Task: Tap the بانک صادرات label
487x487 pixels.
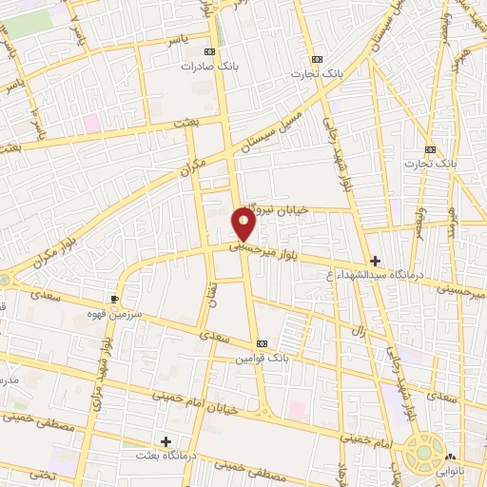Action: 211,68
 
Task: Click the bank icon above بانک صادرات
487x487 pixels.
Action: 210,52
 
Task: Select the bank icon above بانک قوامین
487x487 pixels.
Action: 262,343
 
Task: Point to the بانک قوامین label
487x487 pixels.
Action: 263,359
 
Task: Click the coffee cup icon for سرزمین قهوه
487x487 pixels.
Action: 115,298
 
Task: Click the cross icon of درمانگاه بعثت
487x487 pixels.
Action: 166,441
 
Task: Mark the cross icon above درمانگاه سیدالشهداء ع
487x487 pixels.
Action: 375,260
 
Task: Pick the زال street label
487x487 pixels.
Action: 359,331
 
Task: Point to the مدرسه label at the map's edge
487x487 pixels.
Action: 8,380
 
